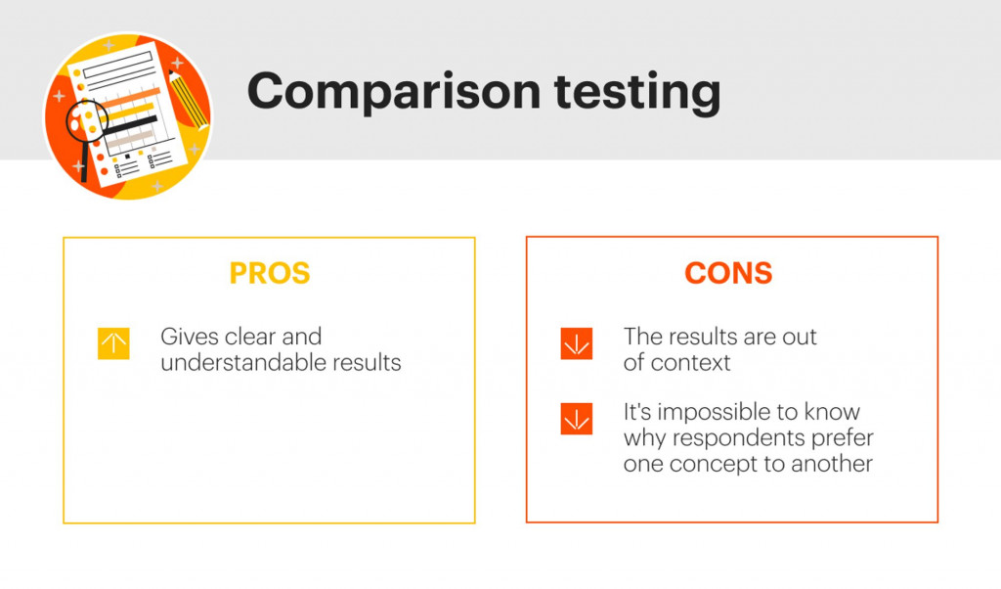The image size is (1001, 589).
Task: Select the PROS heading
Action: click(269, 274)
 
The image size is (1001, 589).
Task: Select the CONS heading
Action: click(728, 274)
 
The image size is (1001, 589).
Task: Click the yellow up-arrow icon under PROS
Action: click(113, 343)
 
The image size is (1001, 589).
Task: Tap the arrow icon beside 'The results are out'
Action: click(577, 343)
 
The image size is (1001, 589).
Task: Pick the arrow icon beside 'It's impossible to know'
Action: click(577, 419)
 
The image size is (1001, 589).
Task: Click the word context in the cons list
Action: click(691, 363)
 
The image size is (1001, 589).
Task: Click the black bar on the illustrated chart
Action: click(132, 123)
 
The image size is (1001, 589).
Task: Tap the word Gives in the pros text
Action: click(187, 338)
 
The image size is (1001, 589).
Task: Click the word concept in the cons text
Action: click(703, 463)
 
